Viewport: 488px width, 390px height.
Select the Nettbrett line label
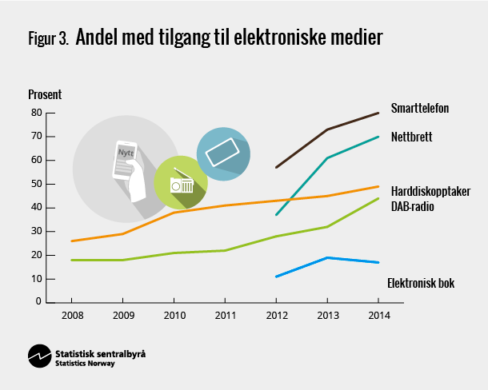(411, 137)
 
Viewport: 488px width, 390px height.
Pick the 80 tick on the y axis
(36, 113)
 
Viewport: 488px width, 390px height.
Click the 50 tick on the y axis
(36, 184)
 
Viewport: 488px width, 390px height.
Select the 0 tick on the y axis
(38, 302)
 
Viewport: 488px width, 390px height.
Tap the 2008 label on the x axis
(71, 315)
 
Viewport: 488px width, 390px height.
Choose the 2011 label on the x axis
(225, 315)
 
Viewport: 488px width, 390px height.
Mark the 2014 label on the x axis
(378, 315)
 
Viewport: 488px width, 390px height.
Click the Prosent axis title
(45, 94)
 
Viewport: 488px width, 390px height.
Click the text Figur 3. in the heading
(47, 39)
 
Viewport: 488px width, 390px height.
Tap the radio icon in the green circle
(181, 184)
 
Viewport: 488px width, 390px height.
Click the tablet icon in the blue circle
(222, 152)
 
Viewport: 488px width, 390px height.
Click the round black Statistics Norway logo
(39, 356)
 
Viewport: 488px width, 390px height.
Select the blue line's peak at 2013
(327, 257)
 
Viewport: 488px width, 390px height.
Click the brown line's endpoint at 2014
(378, 113)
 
